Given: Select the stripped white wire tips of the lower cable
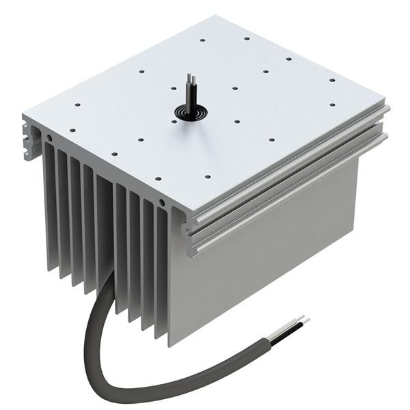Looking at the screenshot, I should (x=299, y=321).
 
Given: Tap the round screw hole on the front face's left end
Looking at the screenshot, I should (x=49, y=138).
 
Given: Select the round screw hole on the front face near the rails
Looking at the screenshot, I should (x=161, y=203).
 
